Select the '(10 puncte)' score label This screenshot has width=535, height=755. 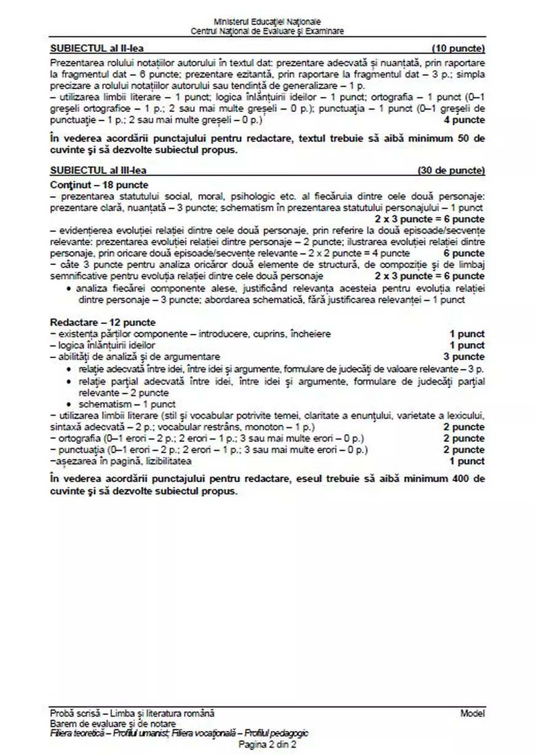coord(458,48)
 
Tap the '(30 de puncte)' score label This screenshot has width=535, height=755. coord(451,170)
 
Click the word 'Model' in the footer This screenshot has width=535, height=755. coord(472,713)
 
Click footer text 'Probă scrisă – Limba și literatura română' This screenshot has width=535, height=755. coord(132,713)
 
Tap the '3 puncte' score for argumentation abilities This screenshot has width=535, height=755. coord(464,357)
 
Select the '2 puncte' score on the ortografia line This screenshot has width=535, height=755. coord(464,438)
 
